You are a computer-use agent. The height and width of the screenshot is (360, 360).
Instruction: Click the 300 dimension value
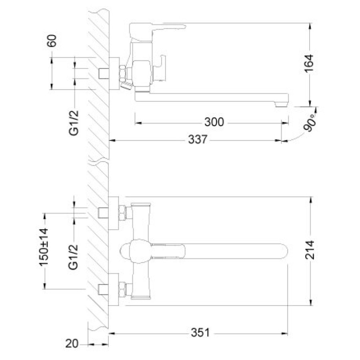(x=214, y=122)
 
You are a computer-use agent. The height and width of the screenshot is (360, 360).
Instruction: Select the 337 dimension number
(x=198, y=139)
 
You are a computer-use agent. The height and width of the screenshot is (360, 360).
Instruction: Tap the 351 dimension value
(x=200, y=333)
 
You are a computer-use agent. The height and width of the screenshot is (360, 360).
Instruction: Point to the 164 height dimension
(x=309, y=63)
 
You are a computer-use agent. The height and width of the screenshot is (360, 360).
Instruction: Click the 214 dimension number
(x=310, y=250)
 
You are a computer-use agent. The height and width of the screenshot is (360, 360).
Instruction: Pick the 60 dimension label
(x=52, y=41)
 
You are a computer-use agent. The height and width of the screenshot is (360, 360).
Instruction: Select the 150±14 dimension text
(x=44, y=247)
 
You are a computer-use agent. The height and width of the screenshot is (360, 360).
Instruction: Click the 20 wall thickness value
(x=72, y=344)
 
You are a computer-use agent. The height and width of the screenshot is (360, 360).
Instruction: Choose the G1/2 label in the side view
(x=74, y=123)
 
